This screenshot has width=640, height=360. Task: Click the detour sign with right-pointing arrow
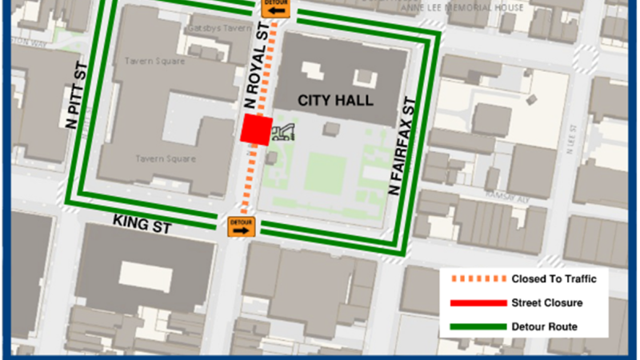241,226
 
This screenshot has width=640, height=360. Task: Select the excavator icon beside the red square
283,133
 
